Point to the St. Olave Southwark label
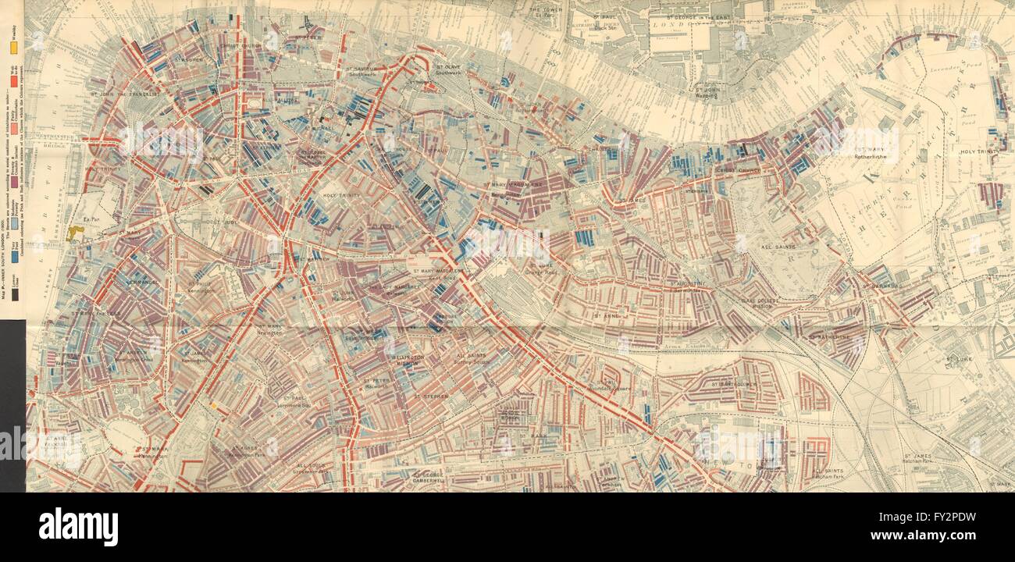(x=450, y=73)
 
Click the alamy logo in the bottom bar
(x=78, y=527)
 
